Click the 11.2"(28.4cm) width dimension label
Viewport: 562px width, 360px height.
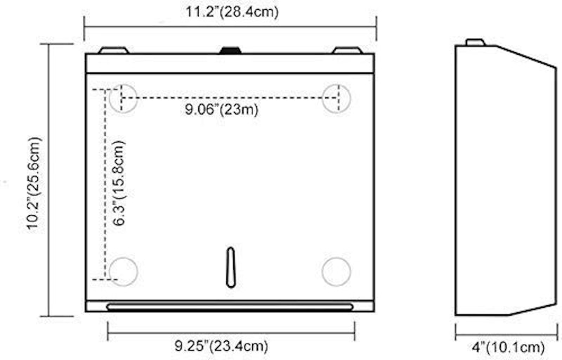click(x=232, y=11)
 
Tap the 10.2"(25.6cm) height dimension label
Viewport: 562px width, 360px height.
click(x=34, y=184)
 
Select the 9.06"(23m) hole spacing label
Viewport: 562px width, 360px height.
click(x=221, y=109)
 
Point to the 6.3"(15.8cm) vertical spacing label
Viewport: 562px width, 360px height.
click(x=119, y=184)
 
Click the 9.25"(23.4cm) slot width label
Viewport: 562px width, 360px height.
click(x=221, y=346)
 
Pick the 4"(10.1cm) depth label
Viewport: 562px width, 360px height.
click(x=508, y=347)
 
